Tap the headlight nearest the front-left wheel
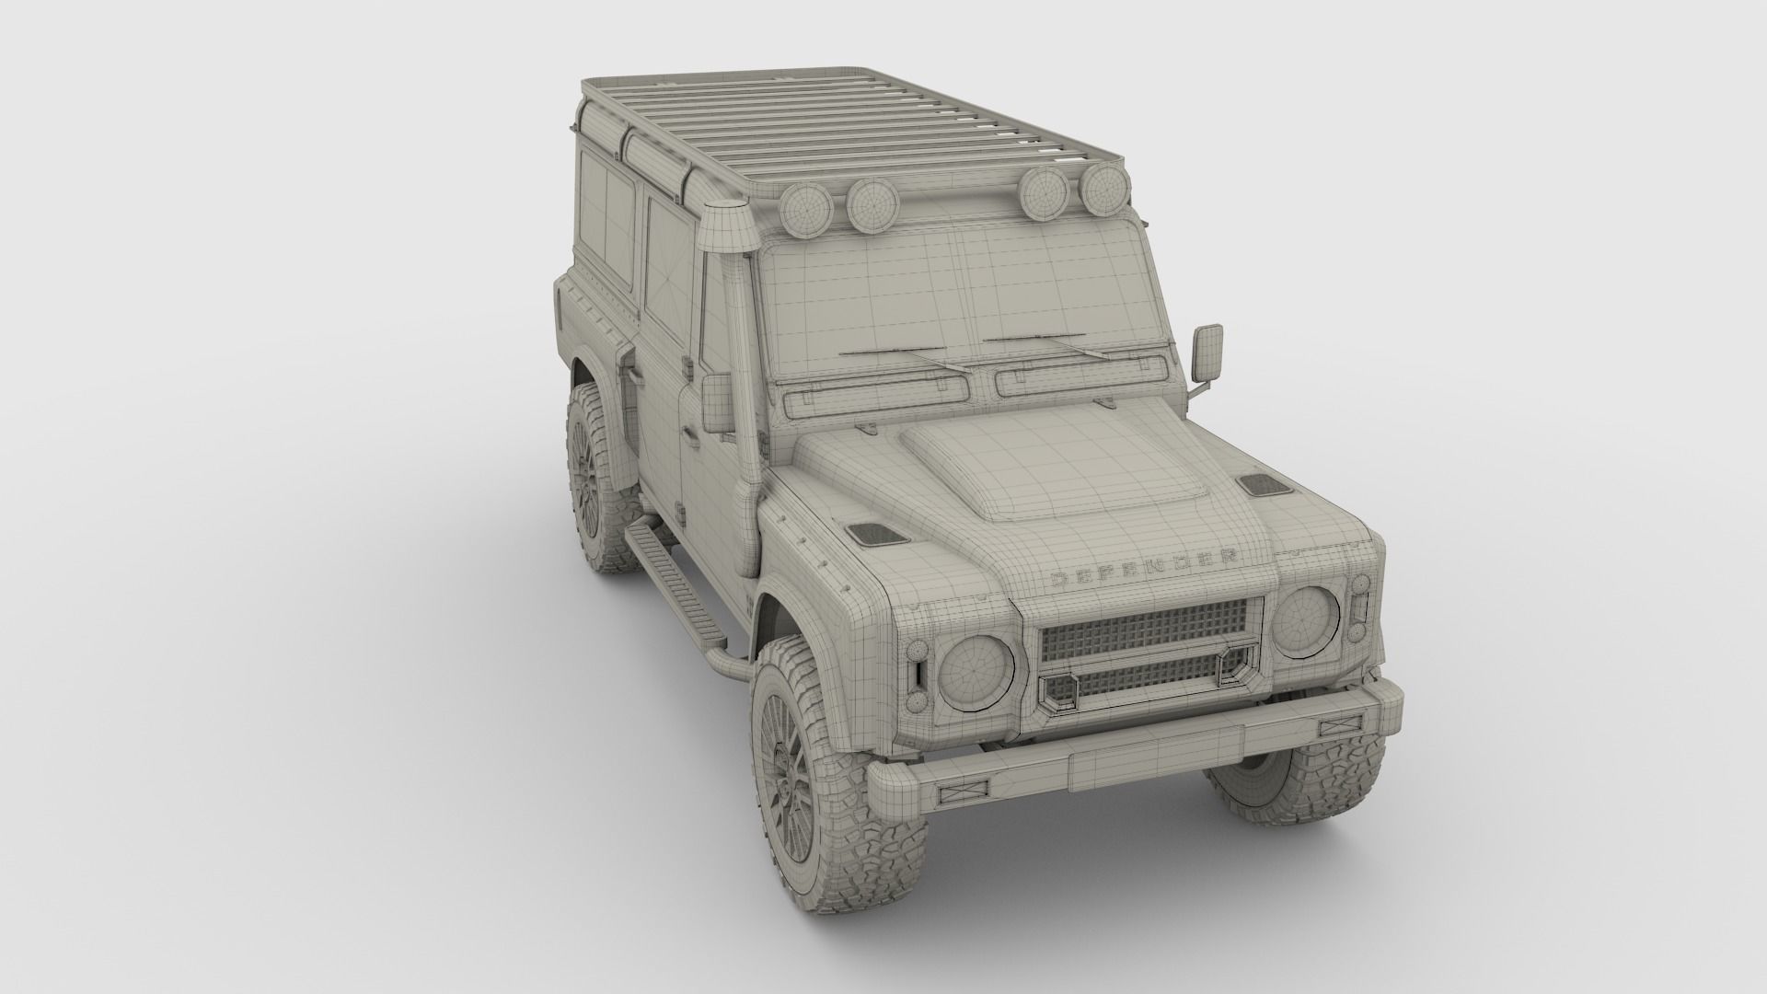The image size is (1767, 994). click(x=976, y=670)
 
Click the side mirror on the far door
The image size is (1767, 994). click(x=1209, y=354)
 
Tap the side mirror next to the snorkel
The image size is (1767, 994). click(x=717, y=402)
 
